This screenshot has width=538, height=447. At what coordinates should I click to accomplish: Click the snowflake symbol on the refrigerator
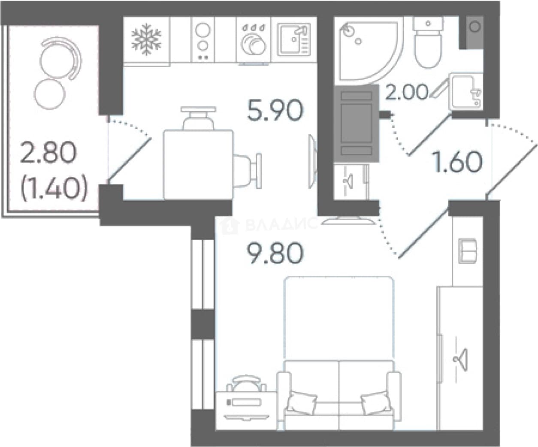(x=146, y=39)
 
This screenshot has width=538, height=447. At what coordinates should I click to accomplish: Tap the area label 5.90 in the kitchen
(x=275, y=111)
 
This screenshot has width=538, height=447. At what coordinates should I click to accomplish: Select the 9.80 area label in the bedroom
(x=275, y=253)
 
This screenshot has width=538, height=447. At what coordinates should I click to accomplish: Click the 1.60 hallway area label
(x=458, y=162)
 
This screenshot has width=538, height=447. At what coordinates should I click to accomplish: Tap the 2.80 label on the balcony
(x=48, y=153)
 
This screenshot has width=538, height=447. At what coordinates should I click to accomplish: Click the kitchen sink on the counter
(x=294, y=39)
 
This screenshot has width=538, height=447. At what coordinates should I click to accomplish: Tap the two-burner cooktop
(x=203, y=40)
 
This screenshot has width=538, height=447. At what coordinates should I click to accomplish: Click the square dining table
(x=198, y=165)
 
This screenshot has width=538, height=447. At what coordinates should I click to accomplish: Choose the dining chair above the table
(x=198, y=118)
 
